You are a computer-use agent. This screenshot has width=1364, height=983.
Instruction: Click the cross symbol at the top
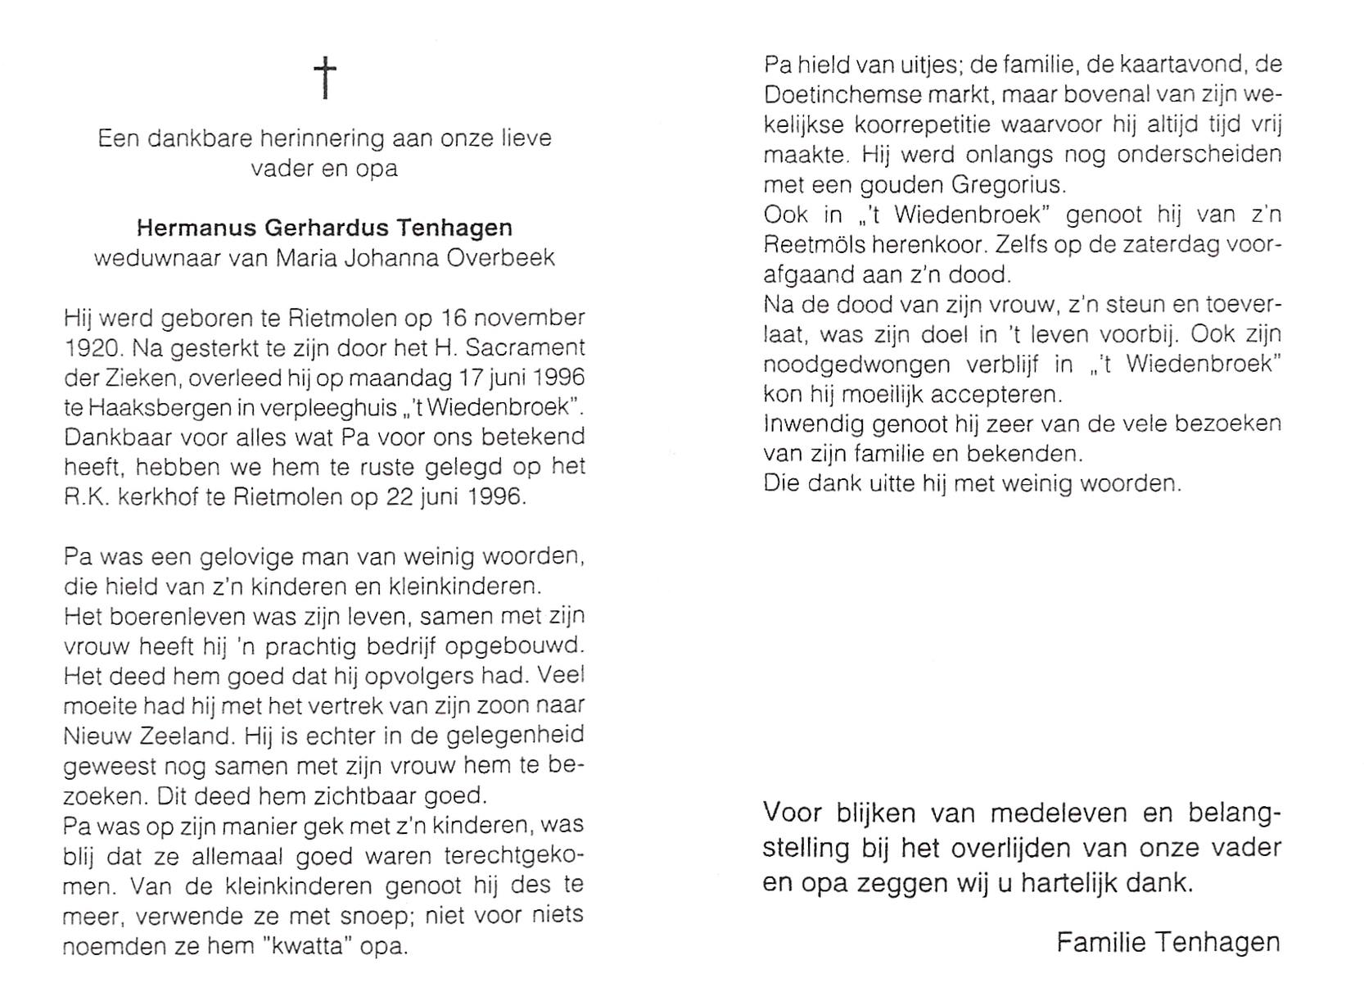(x=325, y=78)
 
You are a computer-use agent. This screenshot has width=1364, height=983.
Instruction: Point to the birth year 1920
(x=92, y=347)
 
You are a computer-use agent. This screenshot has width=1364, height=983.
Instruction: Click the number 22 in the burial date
(x=401, y=497)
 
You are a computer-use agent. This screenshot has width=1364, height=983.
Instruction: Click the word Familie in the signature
(x=1097, y=942)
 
